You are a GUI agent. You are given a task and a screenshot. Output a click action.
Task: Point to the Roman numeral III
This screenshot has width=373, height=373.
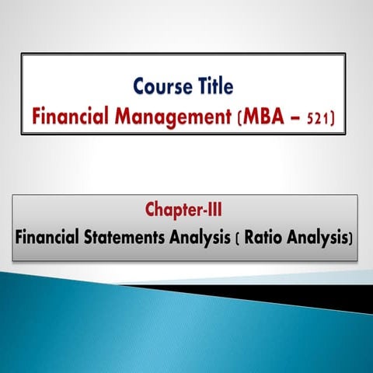tap(218, 210)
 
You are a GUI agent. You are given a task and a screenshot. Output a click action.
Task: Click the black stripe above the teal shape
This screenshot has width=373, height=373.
tap(311, 294)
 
